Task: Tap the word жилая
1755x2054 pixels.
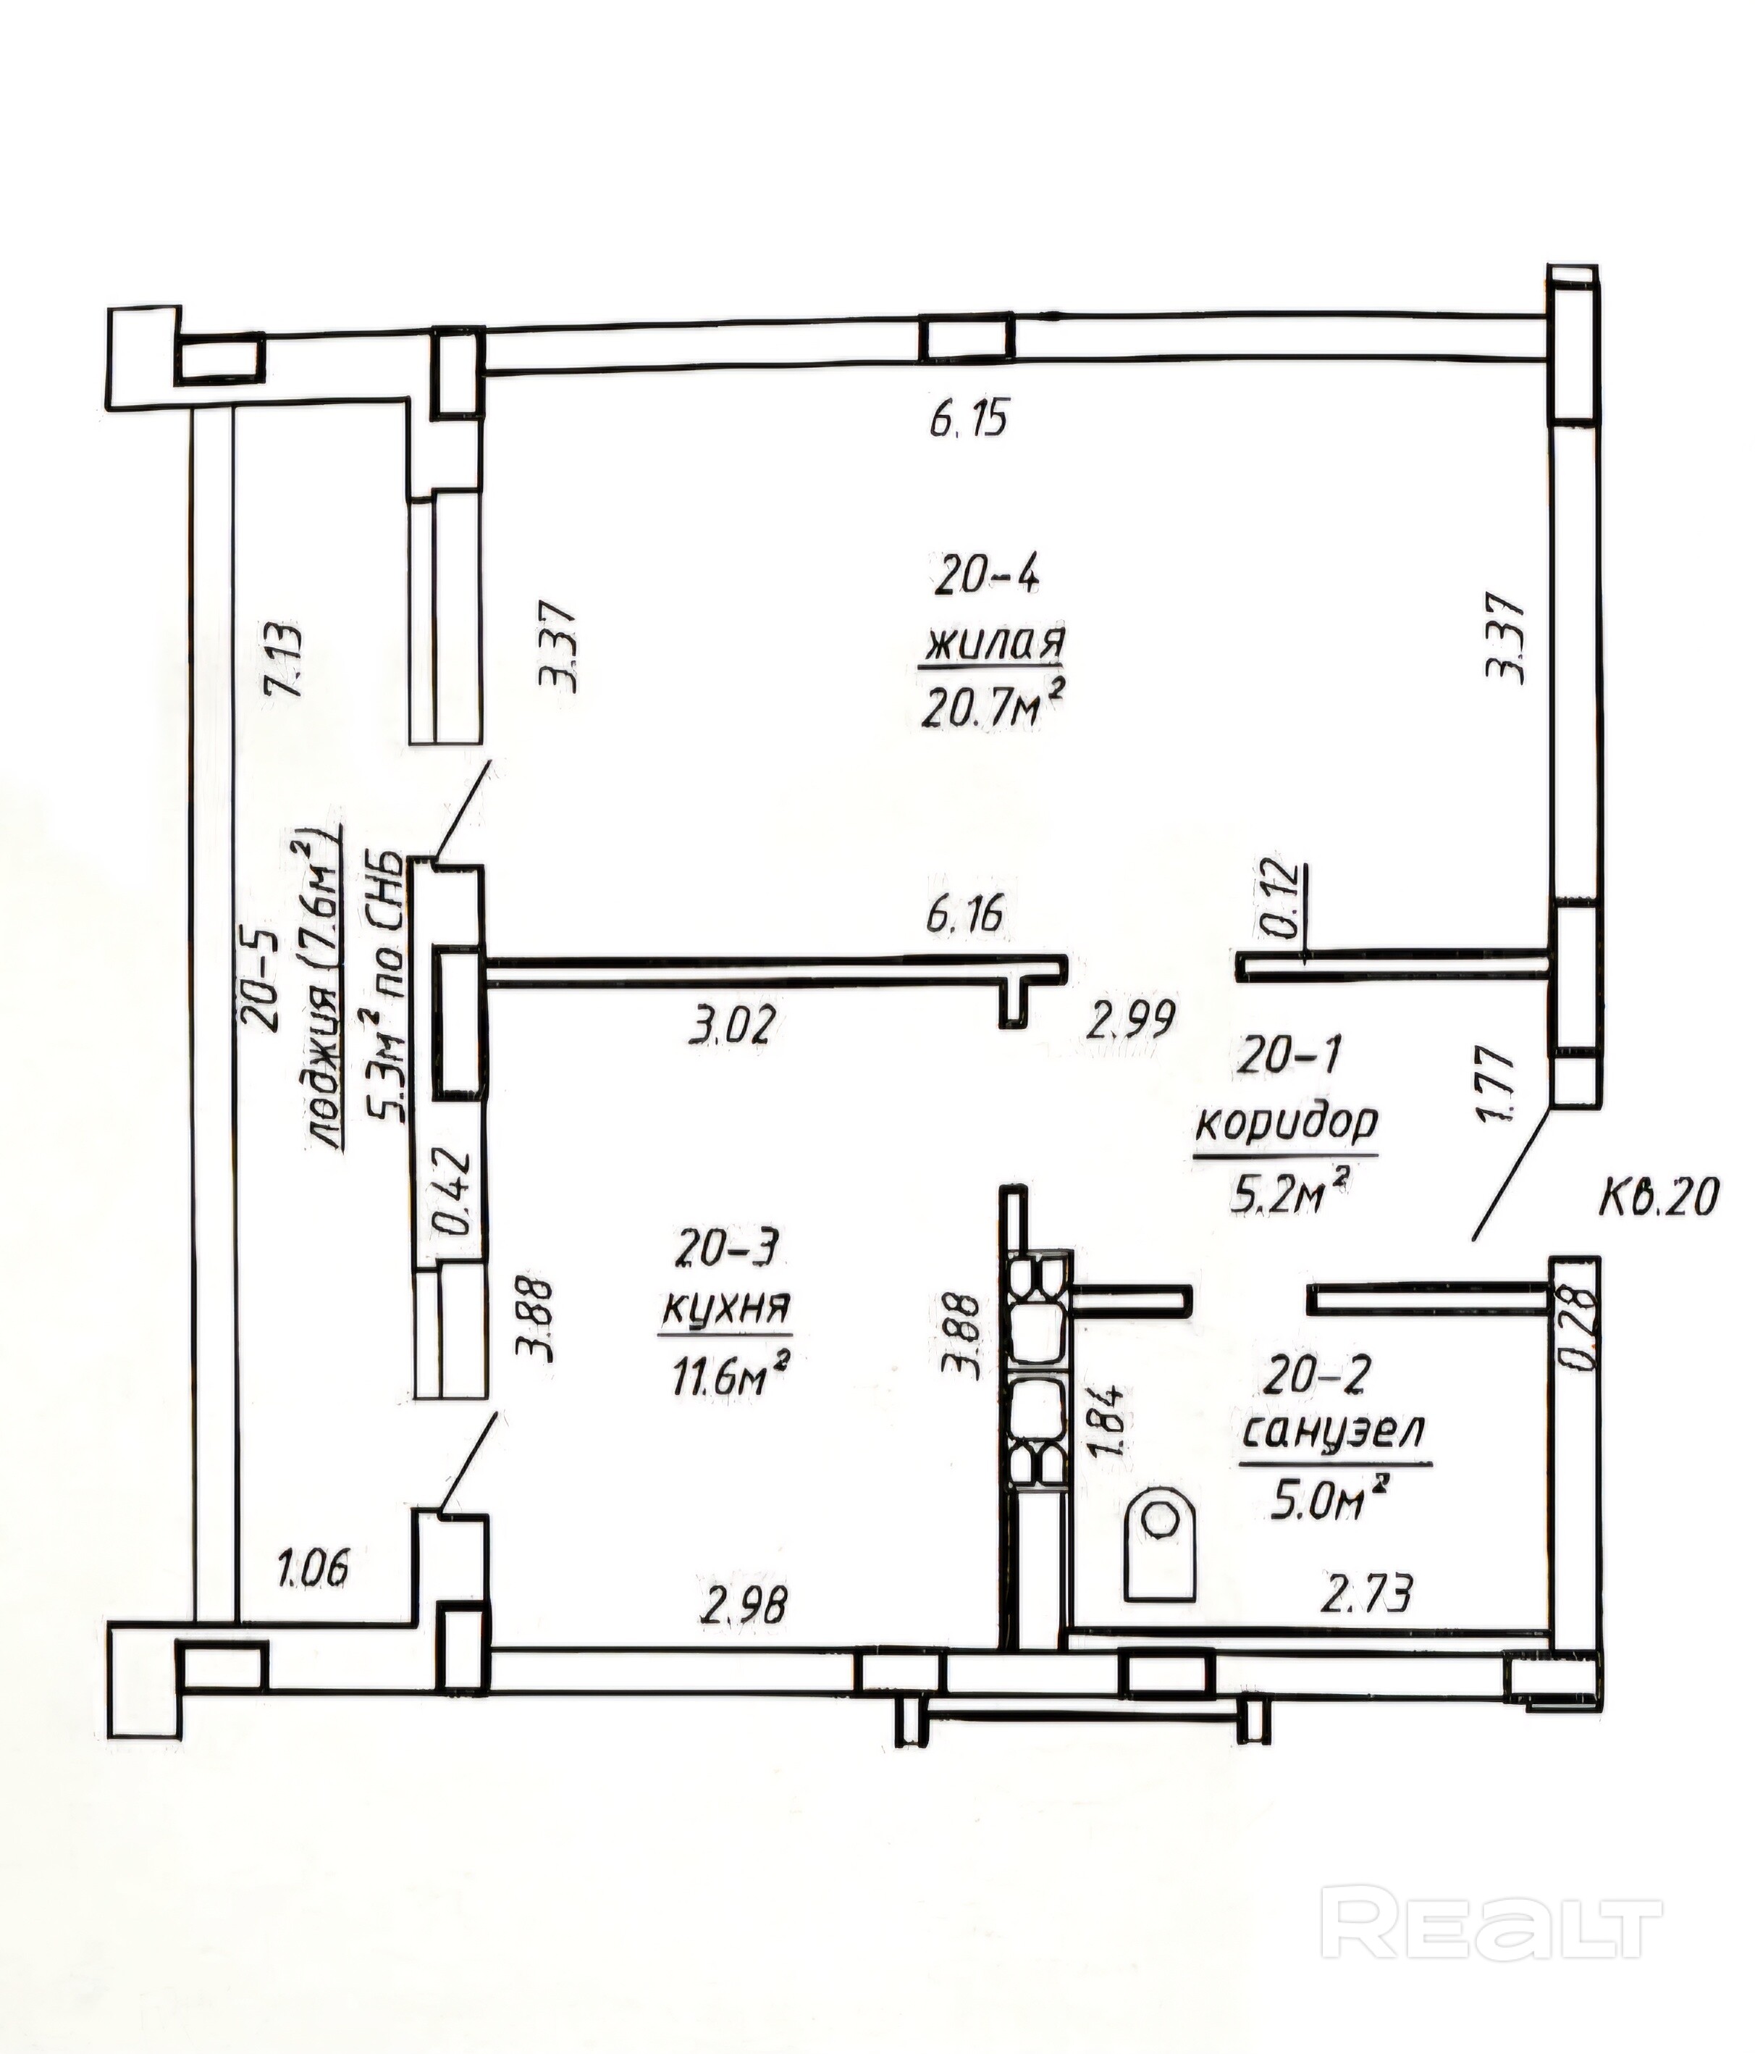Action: click(994, 645)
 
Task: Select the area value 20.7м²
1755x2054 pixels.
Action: click(994, 707)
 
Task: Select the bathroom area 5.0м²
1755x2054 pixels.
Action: click(1325, 1502)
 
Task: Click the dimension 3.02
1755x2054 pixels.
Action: click(728, 1025)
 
